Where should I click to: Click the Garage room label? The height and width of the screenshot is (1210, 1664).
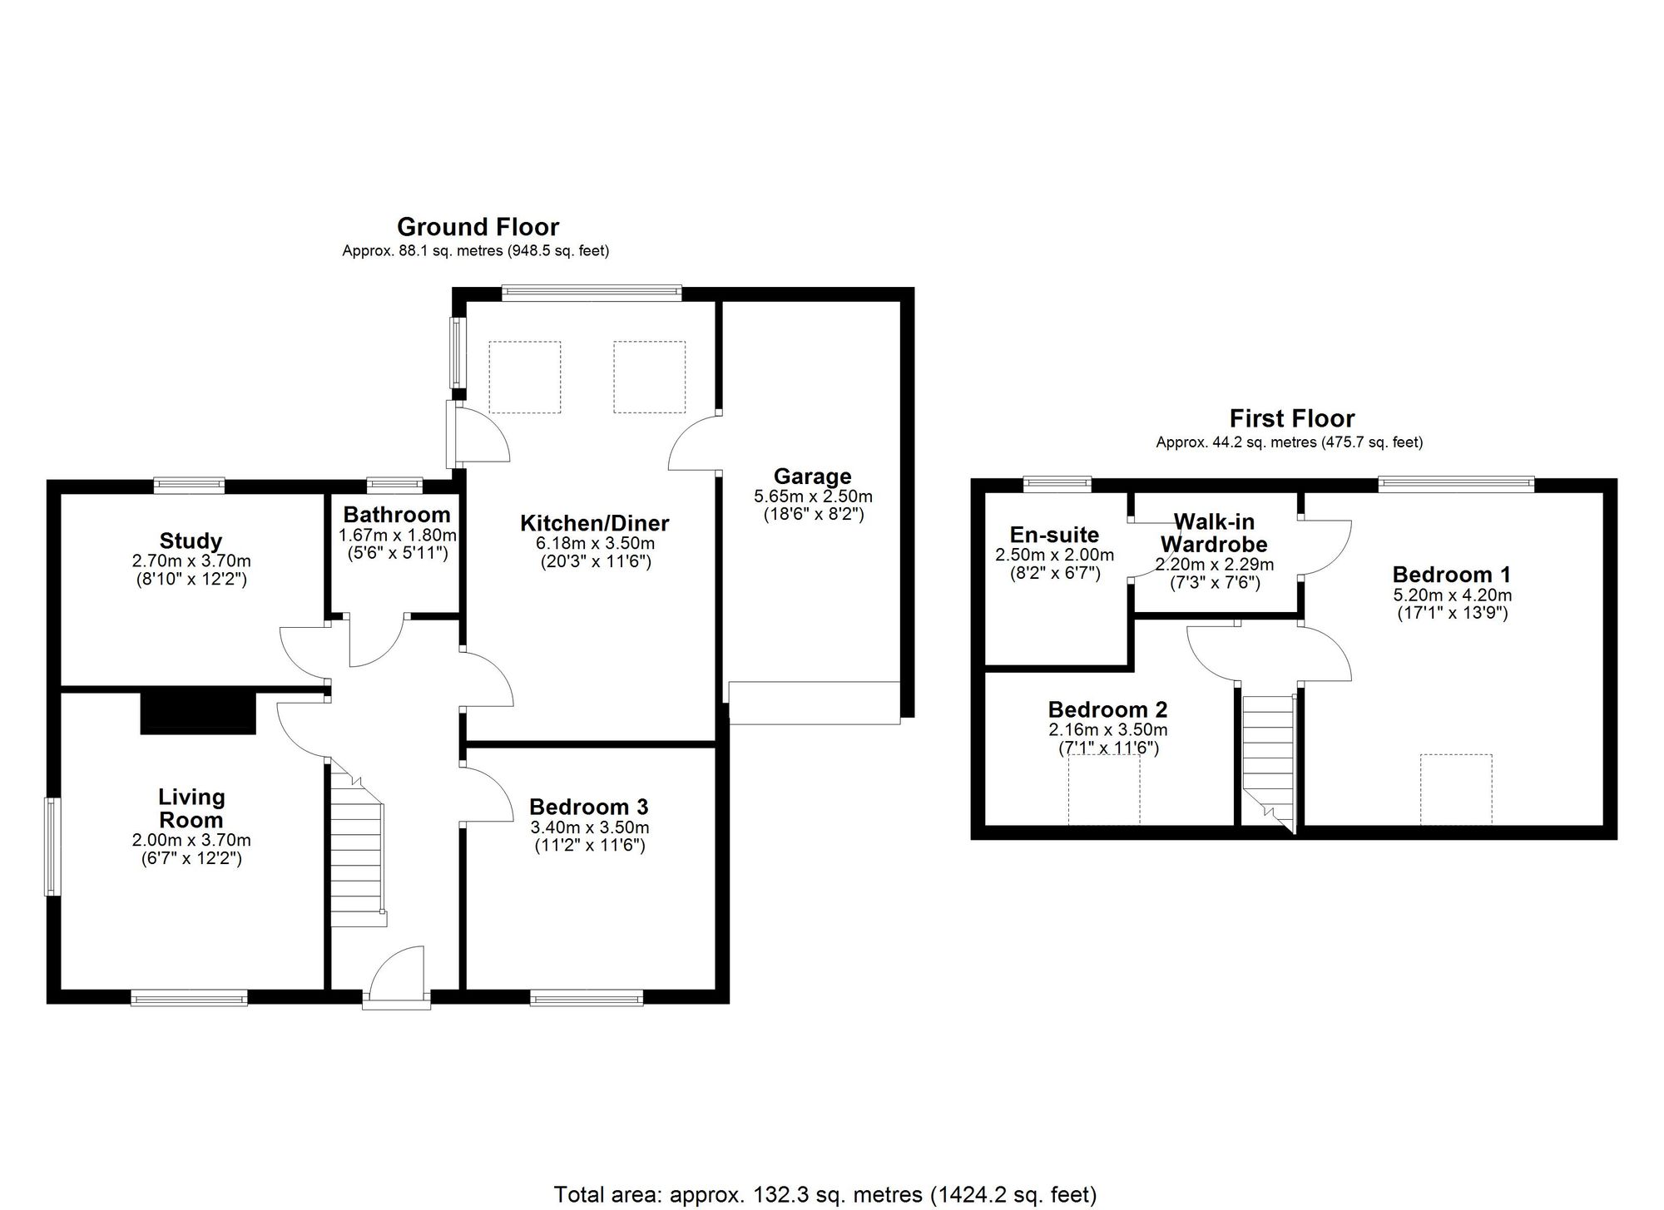[x=812, y=477]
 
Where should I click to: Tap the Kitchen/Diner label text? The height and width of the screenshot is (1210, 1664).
[x=594, y=523]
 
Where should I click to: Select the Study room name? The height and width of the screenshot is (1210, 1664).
[x=191, y=541]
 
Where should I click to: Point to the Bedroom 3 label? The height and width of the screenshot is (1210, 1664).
[x=588, y=807]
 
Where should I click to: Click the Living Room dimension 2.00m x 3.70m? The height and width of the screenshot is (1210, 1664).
[x=191, y=841]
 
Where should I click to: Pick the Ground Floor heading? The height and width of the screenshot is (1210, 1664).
[x=478, y=226]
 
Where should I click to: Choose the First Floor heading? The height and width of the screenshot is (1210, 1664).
[x=1292, y=417]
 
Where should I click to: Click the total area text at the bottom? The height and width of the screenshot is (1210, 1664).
[x=825, y=1195]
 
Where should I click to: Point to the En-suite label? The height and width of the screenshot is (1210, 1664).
[x=1054, y=535]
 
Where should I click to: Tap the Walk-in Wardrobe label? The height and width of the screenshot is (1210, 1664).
[x=1214, y=533]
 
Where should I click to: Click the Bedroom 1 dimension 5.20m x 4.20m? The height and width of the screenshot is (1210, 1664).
[x=1452, y=595]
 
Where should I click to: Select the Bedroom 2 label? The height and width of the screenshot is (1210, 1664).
[x=1107, y=709]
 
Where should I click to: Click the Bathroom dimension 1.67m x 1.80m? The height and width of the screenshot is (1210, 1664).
[x=398, y=536]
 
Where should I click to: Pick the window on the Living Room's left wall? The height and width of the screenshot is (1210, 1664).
[x=53, y=847]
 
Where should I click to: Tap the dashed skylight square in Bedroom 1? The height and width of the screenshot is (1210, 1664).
[x=1456, y=790]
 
